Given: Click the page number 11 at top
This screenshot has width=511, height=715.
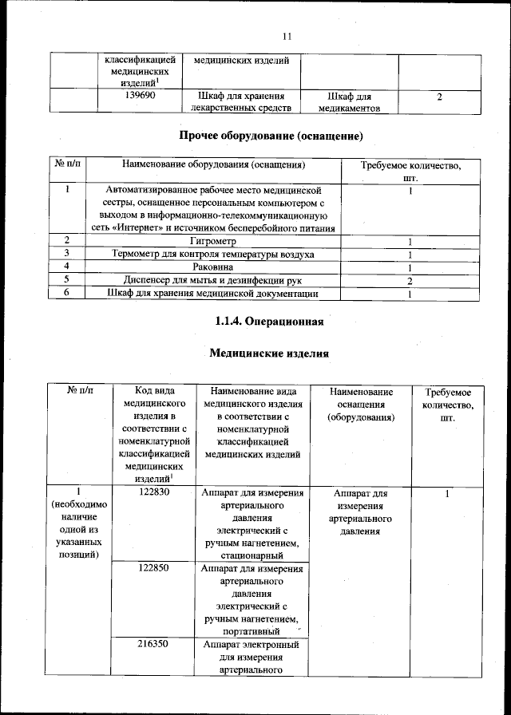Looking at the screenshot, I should pos(288,35).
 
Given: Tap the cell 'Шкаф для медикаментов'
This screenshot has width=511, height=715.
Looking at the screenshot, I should pos(349,102).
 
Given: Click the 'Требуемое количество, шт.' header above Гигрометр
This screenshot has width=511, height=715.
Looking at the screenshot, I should pos(411,171).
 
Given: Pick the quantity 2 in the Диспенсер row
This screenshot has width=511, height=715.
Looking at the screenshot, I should pos(410,281).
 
